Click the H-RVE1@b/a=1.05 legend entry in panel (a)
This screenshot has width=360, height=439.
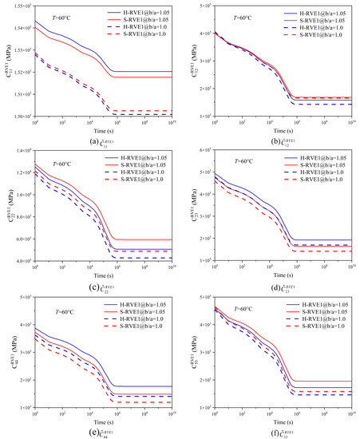pos(140,14)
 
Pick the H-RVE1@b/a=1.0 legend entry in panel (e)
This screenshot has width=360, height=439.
pos(140,321)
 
